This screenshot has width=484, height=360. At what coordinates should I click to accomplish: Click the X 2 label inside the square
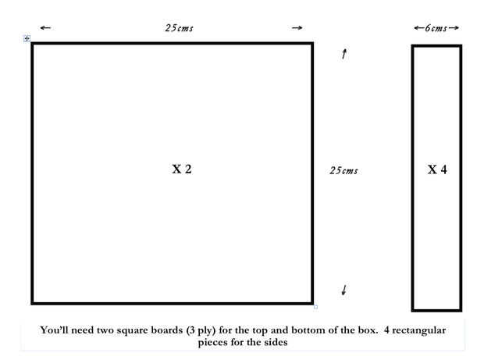181,169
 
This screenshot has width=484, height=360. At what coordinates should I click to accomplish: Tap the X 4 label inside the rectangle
437,169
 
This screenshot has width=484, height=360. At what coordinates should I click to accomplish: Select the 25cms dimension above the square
179,28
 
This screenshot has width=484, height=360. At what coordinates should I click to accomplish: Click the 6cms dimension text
437,28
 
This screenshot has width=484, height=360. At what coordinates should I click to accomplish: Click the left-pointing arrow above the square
44,28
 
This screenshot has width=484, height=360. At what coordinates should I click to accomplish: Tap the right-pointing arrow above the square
297,28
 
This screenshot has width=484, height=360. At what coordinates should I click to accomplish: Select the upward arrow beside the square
344,55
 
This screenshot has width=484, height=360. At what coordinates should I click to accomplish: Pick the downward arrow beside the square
344,290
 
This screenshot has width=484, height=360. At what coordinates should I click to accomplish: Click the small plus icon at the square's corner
27,38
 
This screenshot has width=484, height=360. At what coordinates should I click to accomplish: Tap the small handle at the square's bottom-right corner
315,307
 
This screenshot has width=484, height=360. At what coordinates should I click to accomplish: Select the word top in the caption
265,330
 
